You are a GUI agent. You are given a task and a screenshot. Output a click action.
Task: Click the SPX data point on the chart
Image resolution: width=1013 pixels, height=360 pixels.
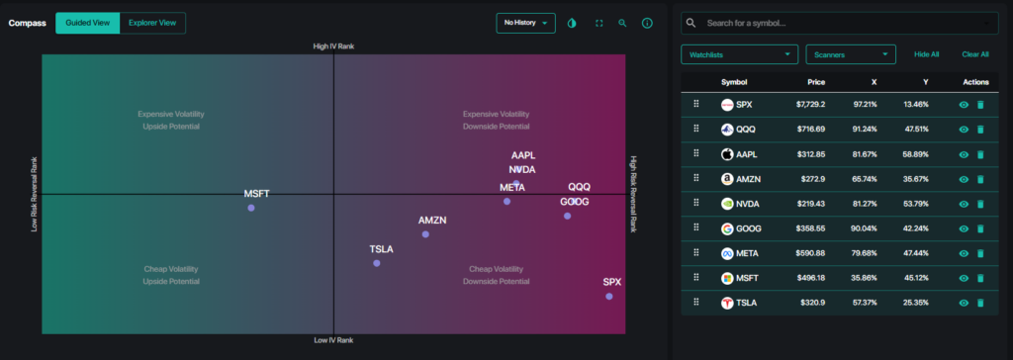click(x=608, y=296)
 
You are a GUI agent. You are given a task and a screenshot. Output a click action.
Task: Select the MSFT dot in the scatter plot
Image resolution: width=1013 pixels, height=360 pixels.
click(x=250, y=208)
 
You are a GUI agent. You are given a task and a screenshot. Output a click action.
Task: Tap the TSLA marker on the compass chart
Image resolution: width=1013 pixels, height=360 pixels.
click(x=377, y=263)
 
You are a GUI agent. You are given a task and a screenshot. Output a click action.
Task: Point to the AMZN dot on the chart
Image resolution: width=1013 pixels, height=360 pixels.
click(x=425, y=234)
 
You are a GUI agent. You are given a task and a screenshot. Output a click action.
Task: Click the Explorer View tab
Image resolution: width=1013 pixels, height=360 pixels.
click(x=152, y=23)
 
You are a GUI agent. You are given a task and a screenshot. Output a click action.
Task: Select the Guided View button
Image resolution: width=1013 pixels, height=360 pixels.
click(x=88, y=23)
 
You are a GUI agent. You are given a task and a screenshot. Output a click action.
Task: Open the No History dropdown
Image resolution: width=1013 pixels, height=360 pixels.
click(x=525, y=23)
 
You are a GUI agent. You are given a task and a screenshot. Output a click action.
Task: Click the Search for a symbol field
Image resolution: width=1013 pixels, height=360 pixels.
click(x=841, y=23)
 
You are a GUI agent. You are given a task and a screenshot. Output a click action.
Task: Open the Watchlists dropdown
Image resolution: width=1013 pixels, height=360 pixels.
click(x=739, y=54)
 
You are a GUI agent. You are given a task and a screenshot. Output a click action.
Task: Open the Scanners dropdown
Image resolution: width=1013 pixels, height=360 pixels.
click(x=851, y=54)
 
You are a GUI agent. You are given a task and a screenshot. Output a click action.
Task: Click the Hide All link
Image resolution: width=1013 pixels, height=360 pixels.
click(x=926, y=54)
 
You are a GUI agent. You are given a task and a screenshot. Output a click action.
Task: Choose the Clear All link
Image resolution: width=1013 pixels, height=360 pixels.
click(x=974, y=54)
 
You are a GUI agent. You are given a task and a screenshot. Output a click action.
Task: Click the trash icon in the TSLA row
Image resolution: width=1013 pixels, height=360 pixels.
click(x=980, y=303)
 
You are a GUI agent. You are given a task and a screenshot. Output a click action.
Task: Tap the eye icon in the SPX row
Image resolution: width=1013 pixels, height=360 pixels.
click(x=964, y=105)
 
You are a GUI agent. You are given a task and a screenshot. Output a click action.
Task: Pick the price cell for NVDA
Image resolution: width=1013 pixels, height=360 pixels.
click(x=809, y=205)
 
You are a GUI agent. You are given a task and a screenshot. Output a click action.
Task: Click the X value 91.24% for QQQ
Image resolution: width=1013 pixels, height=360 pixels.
click(x=865, y=130)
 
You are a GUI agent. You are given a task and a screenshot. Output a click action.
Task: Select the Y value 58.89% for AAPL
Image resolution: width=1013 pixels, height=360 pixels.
click(x=915, y=154)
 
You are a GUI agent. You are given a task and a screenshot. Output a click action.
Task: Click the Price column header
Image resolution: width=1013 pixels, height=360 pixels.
click(x=816, y=82)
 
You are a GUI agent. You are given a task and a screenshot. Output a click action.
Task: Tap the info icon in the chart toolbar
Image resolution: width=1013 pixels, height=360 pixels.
click(x=647, y=23)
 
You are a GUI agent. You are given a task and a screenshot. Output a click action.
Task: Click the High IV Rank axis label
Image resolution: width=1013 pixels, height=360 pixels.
click(x=333, y=46)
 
